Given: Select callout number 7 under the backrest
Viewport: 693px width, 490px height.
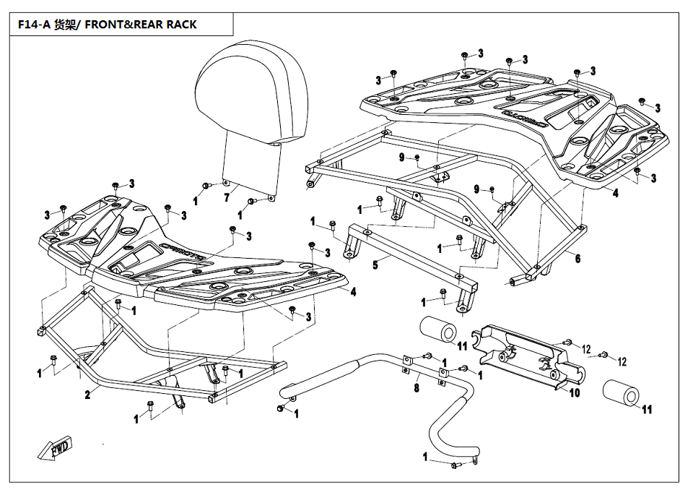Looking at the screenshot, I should point(226,197).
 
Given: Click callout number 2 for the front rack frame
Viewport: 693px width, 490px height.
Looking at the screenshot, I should point(87,395).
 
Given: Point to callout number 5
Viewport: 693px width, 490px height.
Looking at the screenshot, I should point(375,265).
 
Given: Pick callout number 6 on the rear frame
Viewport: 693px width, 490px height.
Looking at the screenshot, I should point(577,258).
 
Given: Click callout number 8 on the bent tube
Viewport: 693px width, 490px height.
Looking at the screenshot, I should point(417,388).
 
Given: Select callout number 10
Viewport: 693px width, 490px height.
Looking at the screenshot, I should point(575,393).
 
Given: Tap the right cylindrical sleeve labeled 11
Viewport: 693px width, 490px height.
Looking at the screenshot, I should point(621,395).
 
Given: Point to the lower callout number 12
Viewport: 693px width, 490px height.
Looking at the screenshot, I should point(622,361).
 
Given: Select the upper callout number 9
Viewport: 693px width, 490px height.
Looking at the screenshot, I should point(401,158).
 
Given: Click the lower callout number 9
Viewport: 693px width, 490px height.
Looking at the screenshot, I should point(476,189).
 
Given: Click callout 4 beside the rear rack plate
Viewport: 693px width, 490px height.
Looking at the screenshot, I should point(616,193).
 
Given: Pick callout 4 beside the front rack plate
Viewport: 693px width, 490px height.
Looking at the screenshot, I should point(353,292).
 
